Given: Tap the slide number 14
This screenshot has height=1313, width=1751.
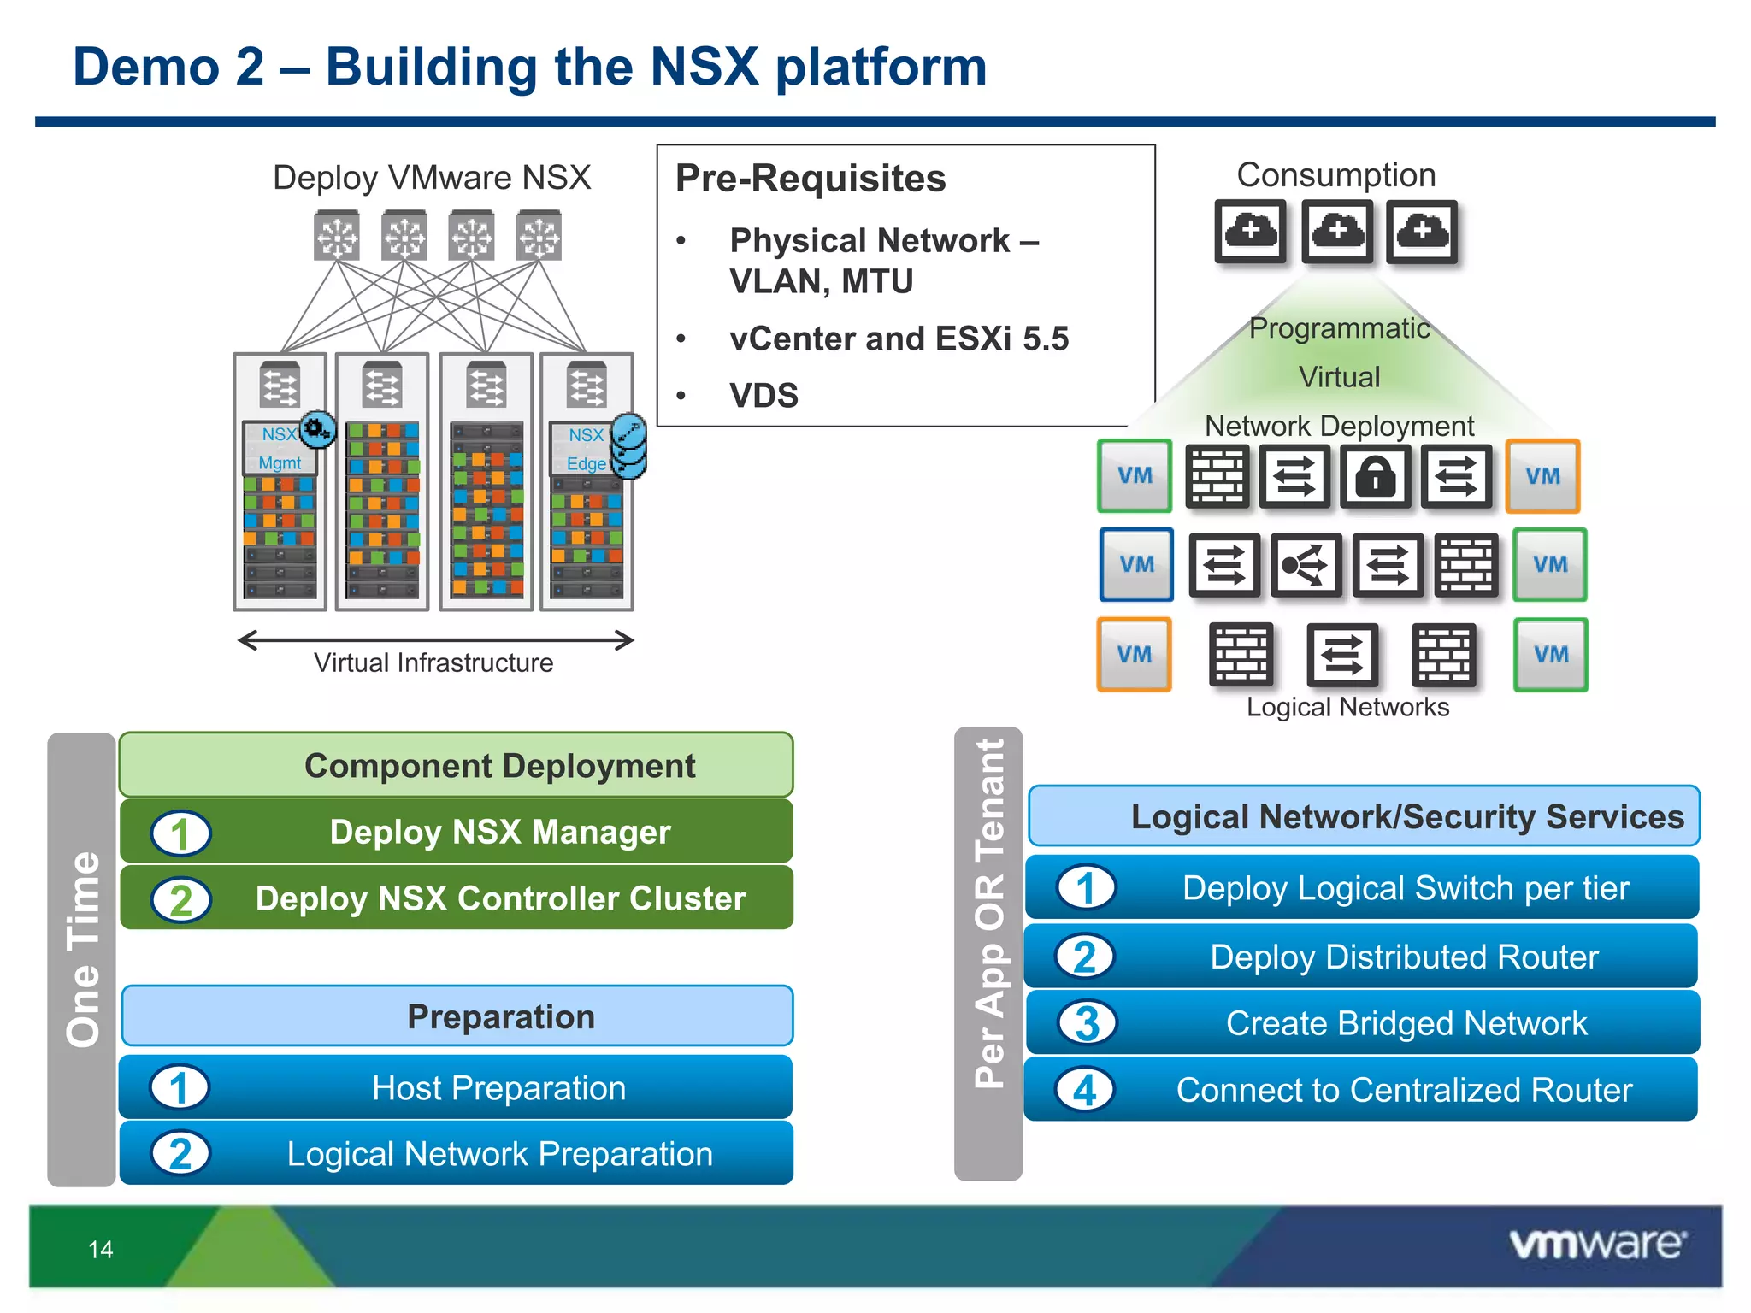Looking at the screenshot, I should click(100, 1250).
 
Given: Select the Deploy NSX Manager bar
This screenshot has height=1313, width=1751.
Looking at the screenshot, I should click(499, 832).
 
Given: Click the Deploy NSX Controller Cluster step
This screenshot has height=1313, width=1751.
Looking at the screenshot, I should click(499, 898).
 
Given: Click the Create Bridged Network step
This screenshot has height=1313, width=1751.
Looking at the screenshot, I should click(1406, 1023).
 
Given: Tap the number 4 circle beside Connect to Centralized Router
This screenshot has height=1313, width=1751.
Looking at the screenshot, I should click(1085, 1090).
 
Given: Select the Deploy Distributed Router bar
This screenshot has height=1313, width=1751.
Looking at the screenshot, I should click(1404, 957).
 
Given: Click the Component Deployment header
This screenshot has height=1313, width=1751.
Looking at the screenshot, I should click(499, 765).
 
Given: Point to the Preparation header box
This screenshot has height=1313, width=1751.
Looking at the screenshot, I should click(499, 1016).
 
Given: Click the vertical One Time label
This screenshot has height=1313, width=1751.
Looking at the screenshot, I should click(83, 949).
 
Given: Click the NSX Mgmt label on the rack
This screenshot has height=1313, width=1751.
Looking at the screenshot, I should click(280, 449).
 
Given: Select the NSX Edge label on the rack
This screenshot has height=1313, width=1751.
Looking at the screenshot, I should click(586, 449).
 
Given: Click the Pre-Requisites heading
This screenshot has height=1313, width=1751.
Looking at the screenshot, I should click(811, 179).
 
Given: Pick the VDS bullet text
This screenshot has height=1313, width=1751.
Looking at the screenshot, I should click(763, 396).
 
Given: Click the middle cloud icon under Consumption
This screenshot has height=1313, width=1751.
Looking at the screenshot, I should click(1337, 232).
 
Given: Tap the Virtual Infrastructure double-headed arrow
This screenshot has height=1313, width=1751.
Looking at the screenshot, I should click(435, 640).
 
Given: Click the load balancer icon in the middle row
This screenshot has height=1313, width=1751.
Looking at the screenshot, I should click(1305, 565).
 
